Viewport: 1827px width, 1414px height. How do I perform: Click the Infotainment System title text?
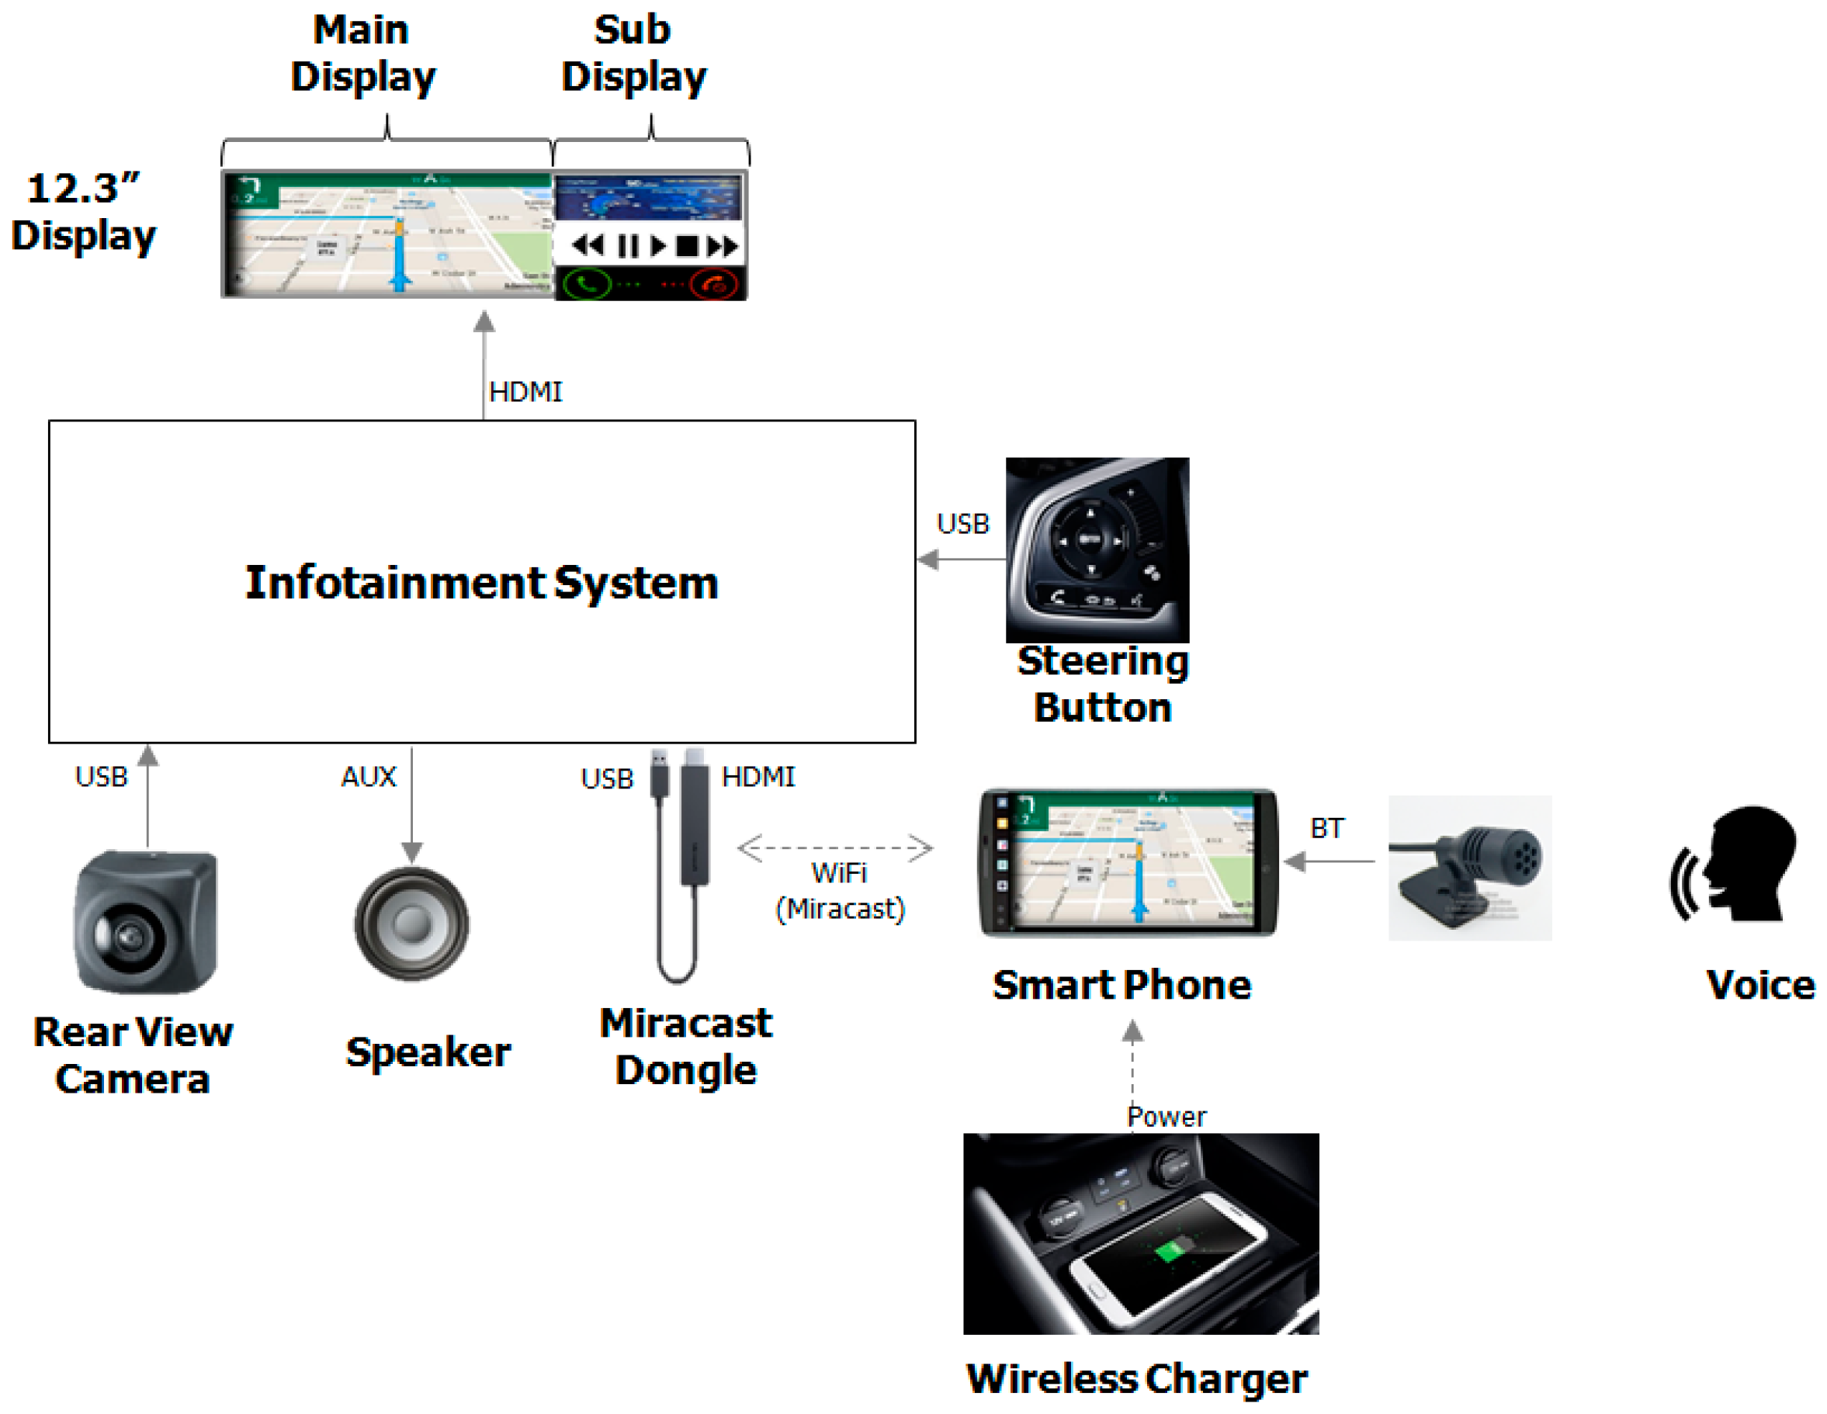point(481,582)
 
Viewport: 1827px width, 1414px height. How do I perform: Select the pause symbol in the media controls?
point(627,246)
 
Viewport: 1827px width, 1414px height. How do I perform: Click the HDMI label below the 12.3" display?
point(525,392)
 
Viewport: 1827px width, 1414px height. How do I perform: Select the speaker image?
point(411,924)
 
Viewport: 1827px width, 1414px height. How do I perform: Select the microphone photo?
point(1470,868)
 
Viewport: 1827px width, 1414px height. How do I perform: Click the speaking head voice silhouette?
point(1736,865)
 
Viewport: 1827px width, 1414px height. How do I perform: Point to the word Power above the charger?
point(1167,1117)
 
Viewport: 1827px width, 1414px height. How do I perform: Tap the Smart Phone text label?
point(1122,985)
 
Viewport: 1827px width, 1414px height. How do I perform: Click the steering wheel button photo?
point(1097,549)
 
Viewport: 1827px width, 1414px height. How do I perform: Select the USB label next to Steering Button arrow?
point(963,524)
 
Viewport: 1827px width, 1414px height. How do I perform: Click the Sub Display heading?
point(633,54)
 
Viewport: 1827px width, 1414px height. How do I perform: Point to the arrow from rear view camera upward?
point(148,795)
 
